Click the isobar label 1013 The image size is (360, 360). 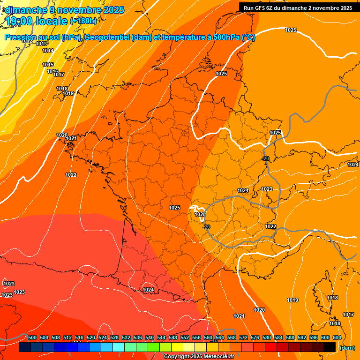[41, 44]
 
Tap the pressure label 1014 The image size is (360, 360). [48, 51]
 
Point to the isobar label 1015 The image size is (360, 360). [48, 65]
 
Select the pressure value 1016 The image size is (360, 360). [52, 71]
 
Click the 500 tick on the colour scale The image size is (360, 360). [32, 337]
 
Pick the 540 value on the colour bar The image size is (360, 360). [150, 337]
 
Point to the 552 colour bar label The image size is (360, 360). [185, 337]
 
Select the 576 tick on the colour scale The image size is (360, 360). [255, 337]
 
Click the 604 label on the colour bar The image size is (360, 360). [337, 337]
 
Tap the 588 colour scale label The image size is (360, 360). [290, 337]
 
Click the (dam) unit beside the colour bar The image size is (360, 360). [347, 348]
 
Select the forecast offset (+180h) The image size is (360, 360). [83, 21]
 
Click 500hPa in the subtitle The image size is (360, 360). [225, 38]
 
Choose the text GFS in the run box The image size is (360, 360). [261, 8]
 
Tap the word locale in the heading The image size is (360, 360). [54, 21]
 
